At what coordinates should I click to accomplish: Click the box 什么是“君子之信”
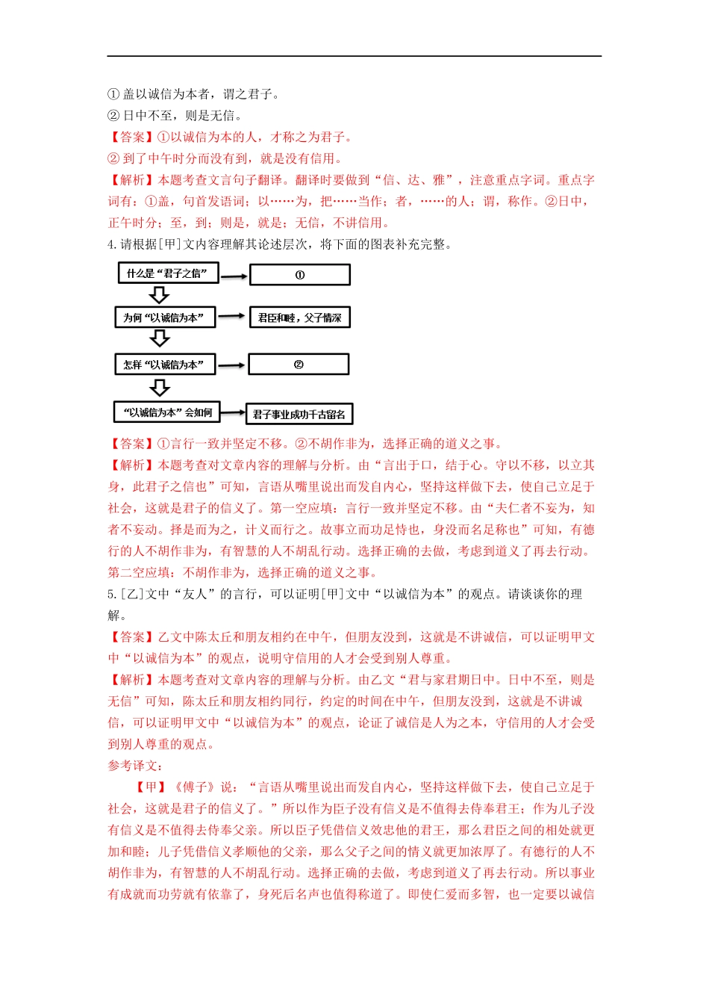pos(168,273)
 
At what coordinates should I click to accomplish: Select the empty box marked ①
pos(299,275)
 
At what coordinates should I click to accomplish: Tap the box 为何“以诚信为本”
pos(164,317)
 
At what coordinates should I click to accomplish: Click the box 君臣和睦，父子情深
pos(299,317)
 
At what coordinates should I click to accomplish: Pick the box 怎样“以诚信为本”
pos(163,365)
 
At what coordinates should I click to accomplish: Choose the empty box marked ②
pos(299,365)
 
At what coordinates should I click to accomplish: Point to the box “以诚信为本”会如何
pos(167,412)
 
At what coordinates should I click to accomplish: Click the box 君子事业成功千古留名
pos(299,415)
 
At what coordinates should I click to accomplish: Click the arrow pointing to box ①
pos(234,276)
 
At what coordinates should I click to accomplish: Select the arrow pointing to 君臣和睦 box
pos(231,317)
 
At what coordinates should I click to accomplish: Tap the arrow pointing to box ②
pos(231,365)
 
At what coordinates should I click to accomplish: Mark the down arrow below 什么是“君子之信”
pos(160,294)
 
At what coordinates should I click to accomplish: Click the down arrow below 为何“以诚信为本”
pos(160,338)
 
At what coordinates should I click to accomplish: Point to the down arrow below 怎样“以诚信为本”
pos(160,388)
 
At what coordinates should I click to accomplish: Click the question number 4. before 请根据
pos(113,244)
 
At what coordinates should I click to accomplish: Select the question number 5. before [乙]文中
pos(113,594)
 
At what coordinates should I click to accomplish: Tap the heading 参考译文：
pos(135,766)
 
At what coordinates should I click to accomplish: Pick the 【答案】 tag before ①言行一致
pos(132,444)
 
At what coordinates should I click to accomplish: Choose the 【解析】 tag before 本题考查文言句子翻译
pos(132,180)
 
